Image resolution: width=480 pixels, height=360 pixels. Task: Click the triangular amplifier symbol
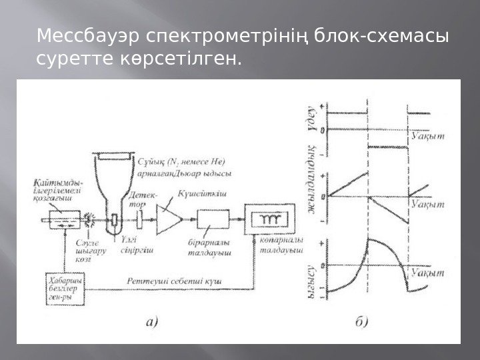coord(169,219)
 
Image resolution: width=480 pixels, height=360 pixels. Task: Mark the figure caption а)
coord(150,323)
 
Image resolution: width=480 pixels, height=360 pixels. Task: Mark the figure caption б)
coord(360,323)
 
